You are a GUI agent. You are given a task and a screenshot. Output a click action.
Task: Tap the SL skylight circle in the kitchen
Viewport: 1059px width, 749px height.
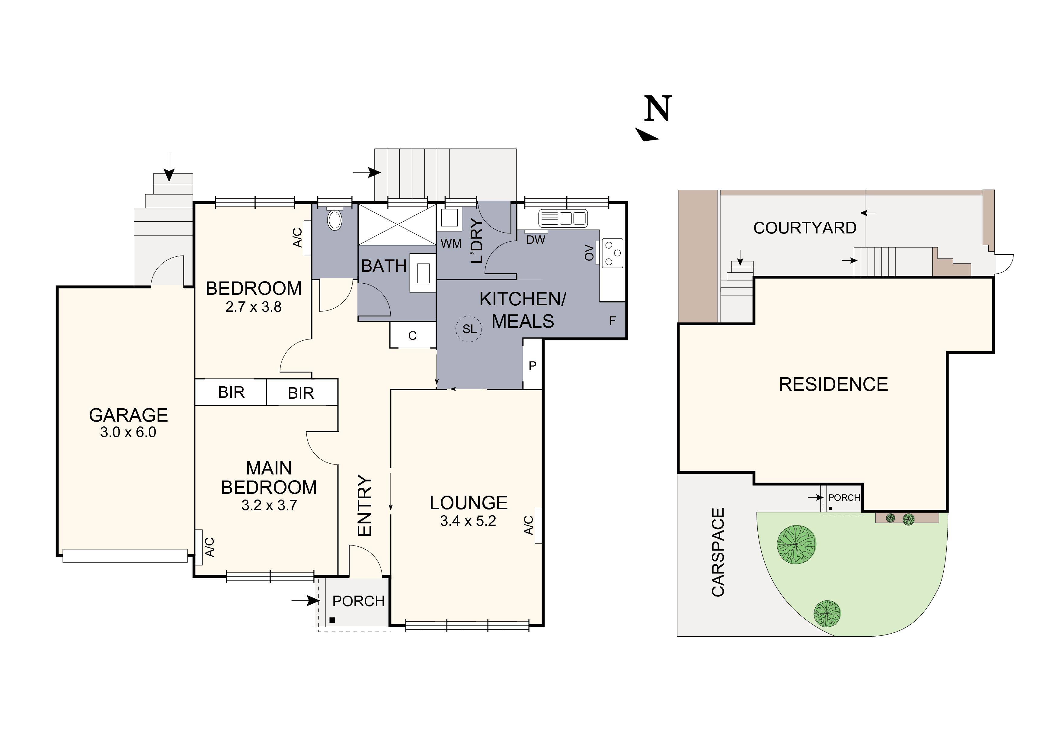pyautogui.click(x=469, y=329)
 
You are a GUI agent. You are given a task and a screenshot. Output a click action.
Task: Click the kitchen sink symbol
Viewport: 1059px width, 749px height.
pyautogui.click(x=563, y=218)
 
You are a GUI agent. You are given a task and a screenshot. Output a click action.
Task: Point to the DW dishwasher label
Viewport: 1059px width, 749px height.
pyautogui.click(x=536, y=239)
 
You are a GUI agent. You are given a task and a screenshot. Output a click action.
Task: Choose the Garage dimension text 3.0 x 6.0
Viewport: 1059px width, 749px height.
pyautogui.click(x=128, y=432)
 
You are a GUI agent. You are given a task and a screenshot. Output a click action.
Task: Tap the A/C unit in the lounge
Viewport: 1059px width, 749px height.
pyautogui.click(x=538, y=526)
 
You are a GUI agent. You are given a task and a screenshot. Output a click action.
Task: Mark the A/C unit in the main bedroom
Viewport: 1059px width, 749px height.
pyautogui.click(x=199, y=547)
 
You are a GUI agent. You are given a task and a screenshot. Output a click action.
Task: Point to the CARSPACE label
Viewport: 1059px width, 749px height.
pyautogui.click(x=718, y=552)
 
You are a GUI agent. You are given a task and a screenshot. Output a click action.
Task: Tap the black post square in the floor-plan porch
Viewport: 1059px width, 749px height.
pyautogui.click(x=332, y=620)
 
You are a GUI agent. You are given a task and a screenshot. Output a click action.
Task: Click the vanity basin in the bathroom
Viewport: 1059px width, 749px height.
pyautogui.click(x=423, y=273)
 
